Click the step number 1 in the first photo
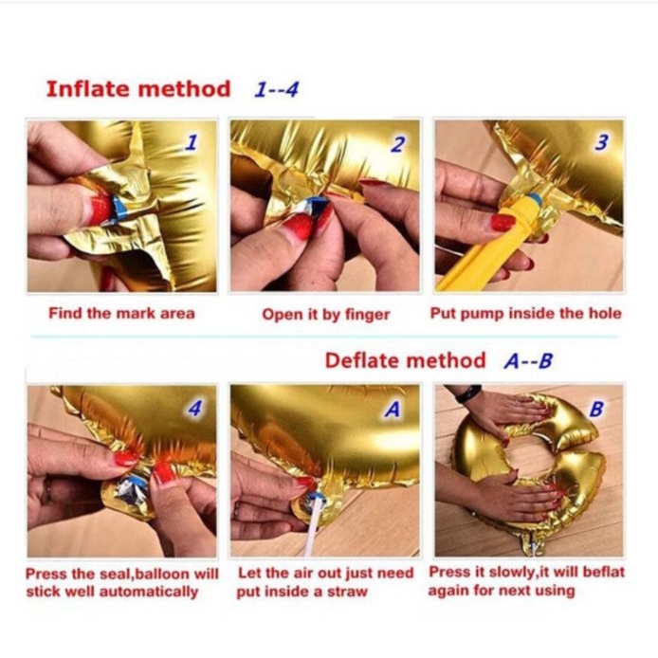click(x=191, y=143)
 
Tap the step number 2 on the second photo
click(x=397, y=144)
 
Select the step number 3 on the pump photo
click(x=601, y=142)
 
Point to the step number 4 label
click(x=194, y=408)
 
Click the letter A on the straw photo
click(x=393, y=410)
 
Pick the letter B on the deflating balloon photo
click(x=596, y=409)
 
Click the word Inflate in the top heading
click(x=88, y=89)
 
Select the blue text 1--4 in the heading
click(x=276, y=90)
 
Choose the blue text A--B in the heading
click(x=528, y=361)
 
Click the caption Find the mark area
click(x=121, y=313)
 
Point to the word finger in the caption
click(x=367, y=315)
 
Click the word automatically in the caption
click(x=149, y=592)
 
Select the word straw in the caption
click(x=347, y=592)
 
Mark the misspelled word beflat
click(x=604, y=572)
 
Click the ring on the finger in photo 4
click(x=46, y=490)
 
